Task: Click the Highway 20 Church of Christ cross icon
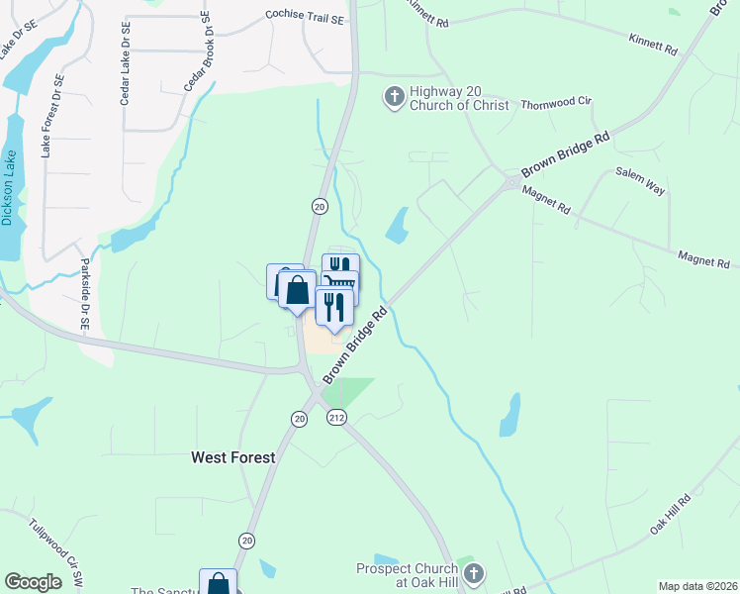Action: pyautogui.click(x=394, y=96)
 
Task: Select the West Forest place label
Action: pyautogui.click(x=232, y=457)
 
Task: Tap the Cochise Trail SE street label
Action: pyautogui.click(x=305, y=17)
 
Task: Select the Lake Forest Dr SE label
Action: pyautogui.click(x=51, y=116)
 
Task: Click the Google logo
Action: pyautogui.click(x=33, y=582)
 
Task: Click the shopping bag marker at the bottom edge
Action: pyautogui.click(x=218, y=583)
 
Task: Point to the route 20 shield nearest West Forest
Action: pyautogui.click(x=299, y=419)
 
